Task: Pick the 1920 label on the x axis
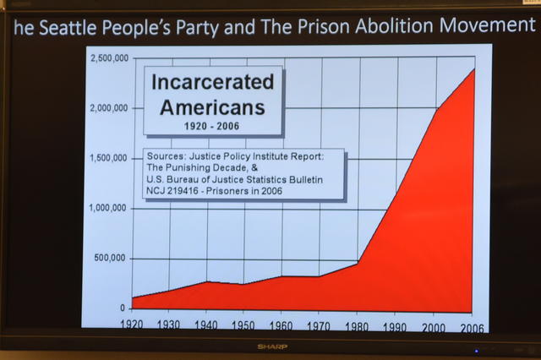point(132,324)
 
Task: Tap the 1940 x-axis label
point(206,324)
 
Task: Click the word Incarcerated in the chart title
point(212,82)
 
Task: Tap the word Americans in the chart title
point(212,107)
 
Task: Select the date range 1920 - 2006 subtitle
point(212,126)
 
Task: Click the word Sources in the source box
point(168,155)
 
